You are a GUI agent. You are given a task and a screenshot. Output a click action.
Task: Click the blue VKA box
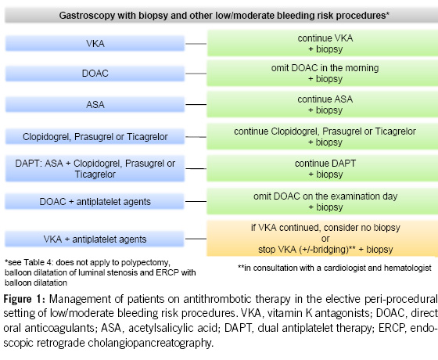click(x=95, y=43)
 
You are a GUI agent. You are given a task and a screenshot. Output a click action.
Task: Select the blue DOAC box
click(x=95, y=74)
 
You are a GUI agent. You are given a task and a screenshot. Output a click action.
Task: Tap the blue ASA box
click(x=95, y=104)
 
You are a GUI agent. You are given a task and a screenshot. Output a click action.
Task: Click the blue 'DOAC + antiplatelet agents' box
click(x=95, y=202)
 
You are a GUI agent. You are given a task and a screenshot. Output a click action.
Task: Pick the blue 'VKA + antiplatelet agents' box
click(x=95, y=239)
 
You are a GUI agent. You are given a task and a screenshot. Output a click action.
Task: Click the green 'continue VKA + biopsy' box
click(x=322, y=43)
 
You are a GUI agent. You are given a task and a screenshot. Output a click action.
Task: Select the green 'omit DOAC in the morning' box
click(x=322, y=74)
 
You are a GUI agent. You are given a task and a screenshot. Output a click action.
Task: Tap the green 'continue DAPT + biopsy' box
click(x=322, y=168)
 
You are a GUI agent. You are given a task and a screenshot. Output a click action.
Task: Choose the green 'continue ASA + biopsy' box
click(x=322, y=104)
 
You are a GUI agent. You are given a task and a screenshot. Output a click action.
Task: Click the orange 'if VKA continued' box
click(x=322, y=239)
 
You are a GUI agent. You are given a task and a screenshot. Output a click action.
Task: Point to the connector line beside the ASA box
click(x=196, y=105)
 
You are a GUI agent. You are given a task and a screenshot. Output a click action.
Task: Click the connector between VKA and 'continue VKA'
click(x=196, y=44)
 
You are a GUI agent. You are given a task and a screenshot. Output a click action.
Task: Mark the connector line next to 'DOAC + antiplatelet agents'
click(x=196, y=202)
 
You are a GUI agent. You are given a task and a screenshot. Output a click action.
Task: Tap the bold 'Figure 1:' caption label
click(x=24, y=299)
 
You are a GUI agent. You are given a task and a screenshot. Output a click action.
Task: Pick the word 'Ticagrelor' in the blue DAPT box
click(x=95, y=174)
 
